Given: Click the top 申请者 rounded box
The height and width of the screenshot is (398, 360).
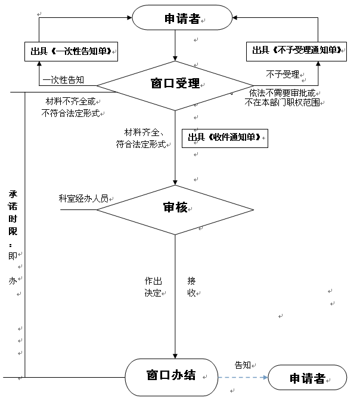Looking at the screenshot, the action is (182, 17).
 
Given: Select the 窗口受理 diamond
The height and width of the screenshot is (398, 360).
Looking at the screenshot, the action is (175, 85).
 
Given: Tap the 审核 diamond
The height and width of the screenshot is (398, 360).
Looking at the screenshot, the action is (175, 209).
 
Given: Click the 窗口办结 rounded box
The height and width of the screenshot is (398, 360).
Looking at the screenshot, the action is (172, 377).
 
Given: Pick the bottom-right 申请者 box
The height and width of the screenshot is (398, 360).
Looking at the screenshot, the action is (308, 378).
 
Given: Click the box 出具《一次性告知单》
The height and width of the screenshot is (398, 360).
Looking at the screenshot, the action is (71, 51).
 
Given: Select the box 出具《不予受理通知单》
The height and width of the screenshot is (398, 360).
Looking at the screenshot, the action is (296, 51).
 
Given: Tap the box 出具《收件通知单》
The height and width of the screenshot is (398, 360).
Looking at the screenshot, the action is (225, 138).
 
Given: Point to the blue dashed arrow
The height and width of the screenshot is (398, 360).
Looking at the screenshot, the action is (243, 378).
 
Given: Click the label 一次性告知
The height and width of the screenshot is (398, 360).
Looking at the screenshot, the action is (63, 80).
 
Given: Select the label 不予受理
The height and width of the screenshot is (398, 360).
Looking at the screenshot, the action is (283, 75).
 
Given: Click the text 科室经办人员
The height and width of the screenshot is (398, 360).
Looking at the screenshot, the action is (83, 198).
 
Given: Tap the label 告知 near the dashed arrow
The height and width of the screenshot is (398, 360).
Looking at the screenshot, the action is (243, 365).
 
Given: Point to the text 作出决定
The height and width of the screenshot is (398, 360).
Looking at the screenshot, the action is (153, 287).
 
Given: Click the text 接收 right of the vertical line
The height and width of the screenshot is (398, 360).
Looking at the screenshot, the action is (191, 287).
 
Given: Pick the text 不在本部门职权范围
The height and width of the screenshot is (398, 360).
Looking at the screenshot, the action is (282, 102).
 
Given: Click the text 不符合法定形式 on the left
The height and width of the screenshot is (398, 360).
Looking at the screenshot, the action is (70, 113).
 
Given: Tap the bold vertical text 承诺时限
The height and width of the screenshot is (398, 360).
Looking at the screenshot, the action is (13, 212).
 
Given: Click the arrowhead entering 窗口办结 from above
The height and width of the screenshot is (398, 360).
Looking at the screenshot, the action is (175, 356).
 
